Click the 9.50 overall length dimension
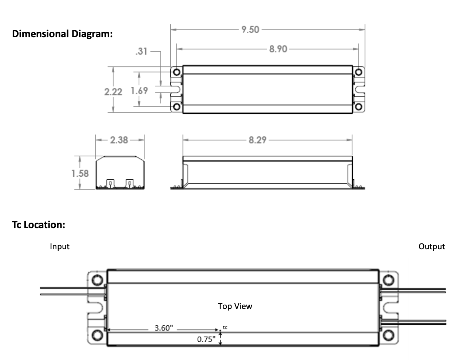tap(250, 30)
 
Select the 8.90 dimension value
tap(278, 49)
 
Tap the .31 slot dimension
tap(141, 51)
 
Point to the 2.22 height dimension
tap(113, 91)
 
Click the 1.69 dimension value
tap(139, 90)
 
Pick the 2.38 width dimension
tap(119, 140)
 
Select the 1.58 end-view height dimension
tap(80, 173)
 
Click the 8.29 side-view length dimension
tap(257, 140)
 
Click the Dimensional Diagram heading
tap(62, 34)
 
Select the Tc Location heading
tap(39, 225)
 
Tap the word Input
tap(59, 247)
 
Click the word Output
tap(432, 247)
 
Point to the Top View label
tap(235, 306)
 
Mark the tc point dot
tap(220, 331)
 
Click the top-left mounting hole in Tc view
tap(97, 280)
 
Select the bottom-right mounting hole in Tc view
tap(389, 335)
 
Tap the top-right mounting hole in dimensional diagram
tap(359, 72)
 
